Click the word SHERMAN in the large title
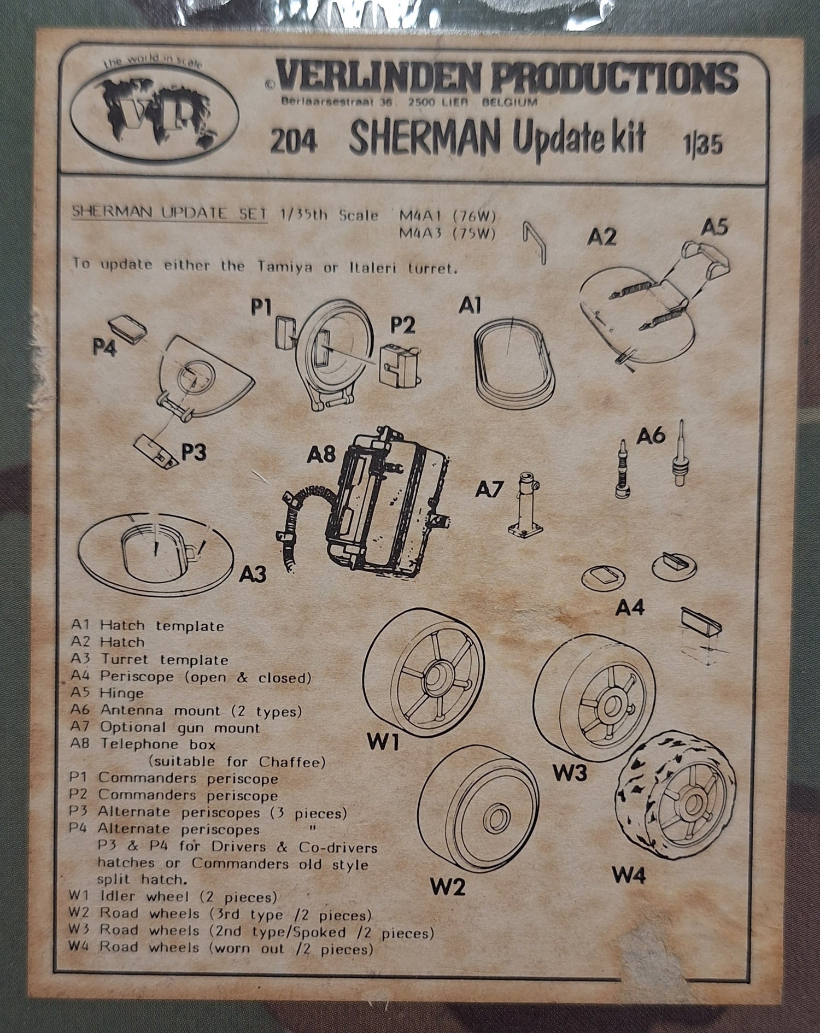[424, 139]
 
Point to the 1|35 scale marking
[702, 146]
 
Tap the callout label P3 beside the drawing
[194, 453]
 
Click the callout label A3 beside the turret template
[253, 574]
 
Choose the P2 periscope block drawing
[400, 363]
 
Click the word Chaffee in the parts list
[292, 762]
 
